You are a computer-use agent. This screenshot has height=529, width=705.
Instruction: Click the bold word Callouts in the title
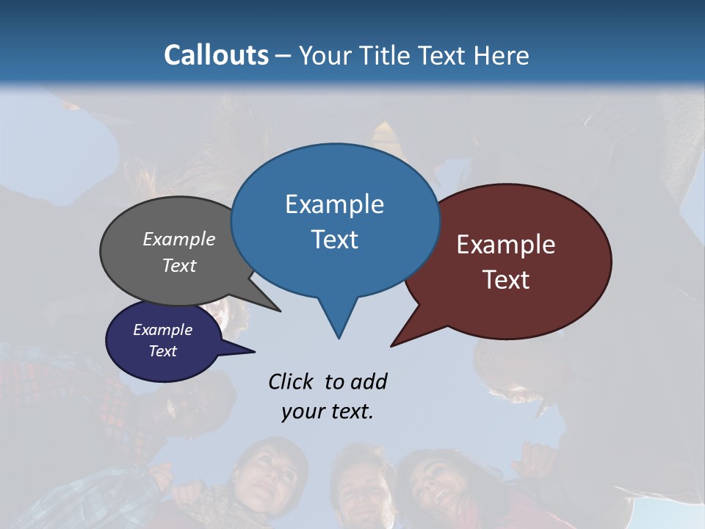pos(216,55)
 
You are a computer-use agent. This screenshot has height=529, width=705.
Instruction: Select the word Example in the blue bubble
pos(334,204)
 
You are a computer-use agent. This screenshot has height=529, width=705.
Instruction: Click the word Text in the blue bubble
pos(334,240)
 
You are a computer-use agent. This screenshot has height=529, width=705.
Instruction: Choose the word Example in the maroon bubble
pos(506,245)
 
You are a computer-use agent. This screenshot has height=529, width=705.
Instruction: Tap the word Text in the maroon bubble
pos(506,280)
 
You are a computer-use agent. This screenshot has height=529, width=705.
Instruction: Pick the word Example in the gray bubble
pos(179,239)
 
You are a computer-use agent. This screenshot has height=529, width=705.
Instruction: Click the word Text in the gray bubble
pos(179,265)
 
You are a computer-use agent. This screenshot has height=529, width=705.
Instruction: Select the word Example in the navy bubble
pos(163,330)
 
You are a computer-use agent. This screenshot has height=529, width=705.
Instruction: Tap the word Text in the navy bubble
pos(163,351)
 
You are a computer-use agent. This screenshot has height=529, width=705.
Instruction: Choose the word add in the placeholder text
pos(369,381)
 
